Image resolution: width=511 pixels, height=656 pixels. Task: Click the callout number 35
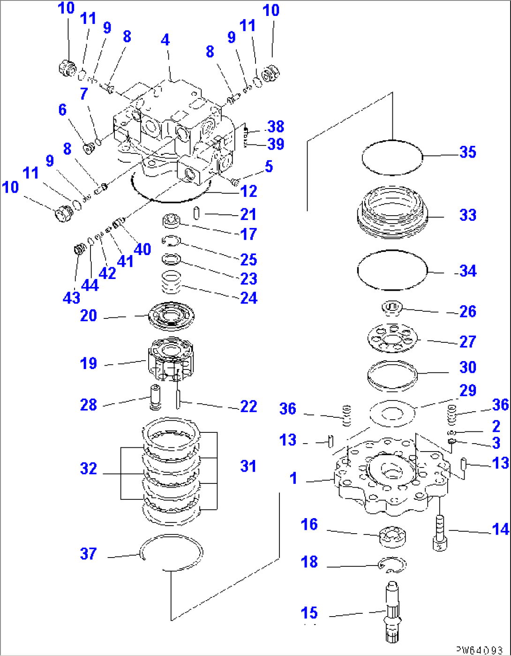click(x=467, y=152)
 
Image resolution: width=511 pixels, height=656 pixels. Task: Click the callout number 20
click(x=88, y=316)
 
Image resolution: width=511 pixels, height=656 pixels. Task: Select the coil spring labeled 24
click(x=172, y=282)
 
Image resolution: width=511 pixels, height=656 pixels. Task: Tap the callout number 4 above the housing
click(x=165, y=40)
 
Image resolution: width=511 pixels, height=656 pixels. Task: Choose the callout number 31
click(x=248, y=466)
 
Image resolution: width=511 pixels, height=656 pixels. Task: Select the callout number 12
click(x=248, y=191)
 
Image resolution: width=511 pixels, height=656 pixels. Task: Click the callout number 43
click(x=71, y=297)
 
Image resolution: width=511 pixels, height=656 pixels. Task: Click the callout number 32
click(x=88, y=468)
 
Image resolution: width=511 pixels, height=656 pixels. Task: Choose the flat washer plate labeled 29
click(x=392, y=414)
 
